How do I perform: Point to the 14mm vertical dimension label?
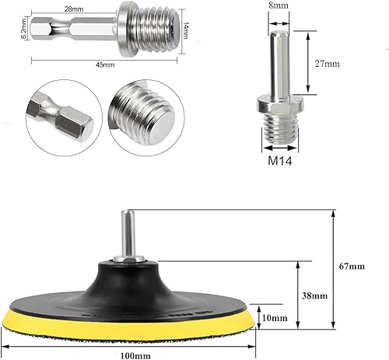click(x=186, y=33)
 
